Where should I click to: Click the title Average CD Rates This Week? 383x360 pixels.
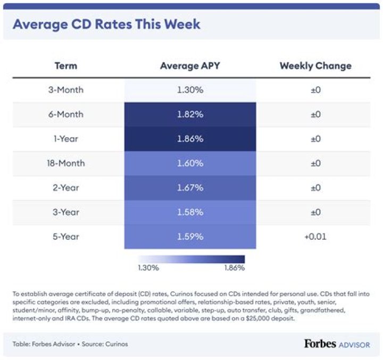(106, 25)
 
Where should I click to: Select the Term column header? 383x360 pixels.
(66, 66)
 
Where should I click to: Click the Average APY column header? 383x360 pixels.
(190, 66)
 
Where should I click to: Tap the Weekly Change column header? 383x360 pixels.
(315, 66)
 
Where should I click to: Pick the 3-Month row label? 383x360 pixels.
(66, 90)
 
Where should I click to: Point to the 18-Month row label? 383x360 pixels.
(66, 163)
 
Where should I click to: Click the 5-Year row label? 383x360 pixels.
(66, 237)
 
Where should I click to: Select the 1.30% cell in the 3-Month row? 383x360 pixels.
(190, 90)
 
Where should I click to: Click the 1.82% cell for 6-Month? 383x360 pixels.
(190, 114)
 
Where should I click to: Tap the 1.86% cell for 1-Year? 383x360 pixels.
(190, 139)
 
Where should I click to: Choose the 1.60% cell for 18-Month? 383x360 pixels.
(190, 163)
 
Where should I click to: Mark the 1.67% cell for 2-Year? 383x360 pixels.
(190, 188)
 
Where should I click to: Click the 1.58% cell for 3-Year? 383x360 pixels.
(190, 212)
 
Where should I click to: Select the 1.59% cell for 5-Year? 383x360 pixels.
(190, 237)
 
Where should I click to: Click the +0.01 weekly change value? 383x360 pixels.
(315, 237)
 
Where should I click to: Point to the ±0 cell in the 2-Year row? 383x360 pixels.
(315, 188)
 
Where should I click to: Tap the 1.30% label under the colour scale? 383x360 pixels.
(148, 268)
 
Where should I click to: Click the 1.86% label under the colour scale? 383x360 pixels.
(234, 268)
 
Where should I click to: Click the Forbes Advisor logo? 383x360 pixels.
(337, 344)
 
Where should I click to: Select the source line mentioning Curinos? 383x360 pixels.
(70, 344)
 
